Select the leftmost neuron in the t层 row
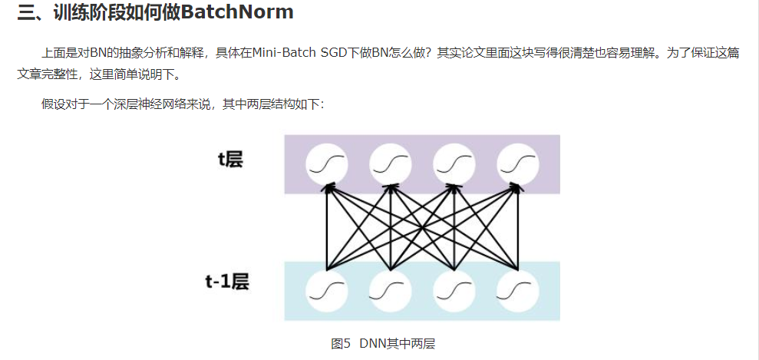327,163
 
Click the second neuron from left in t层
391,163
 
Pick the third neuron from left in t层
454,163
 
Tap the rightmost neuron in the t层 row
518,163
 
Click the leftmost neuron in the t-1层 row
327,291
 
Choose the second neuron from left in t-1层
391,291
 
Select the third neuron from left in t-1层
454,291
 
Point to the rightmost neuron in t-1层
518,291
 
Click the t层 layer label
230,160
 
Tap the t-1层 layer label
227,282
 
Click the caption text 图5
341,343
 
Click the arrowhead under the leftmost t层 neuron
328,188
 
